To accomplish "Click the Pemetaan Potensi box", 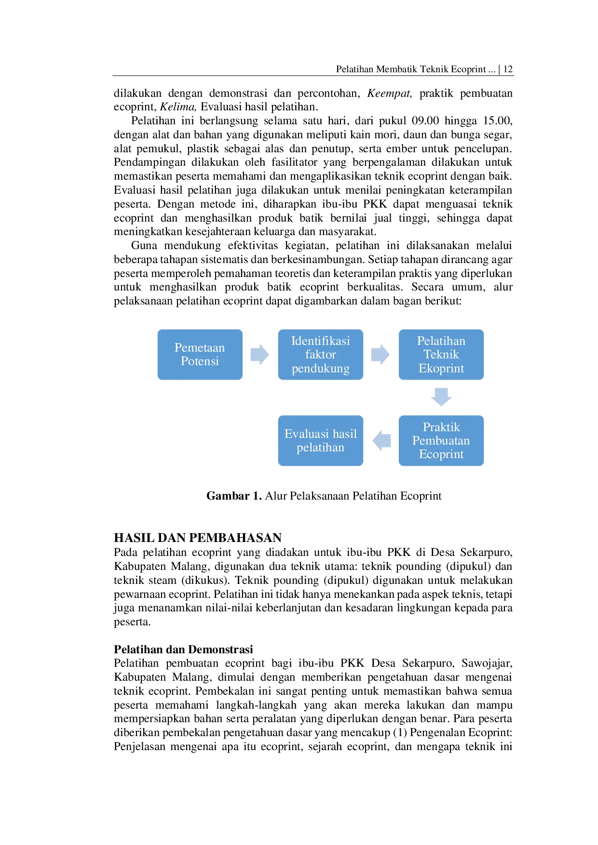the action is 200,355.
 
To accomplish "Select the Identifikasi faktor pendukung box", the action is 320,355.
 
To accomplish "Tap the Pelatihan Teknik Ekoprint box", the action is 441,355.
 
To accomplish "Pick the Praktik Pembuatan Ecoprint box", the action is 441,440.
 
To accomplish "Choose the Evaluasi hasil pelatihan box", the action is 320,440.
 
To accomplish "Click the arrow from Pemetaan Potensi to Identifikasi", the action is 260,355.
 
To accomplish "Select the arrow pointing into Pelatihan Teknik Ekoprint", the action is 381,355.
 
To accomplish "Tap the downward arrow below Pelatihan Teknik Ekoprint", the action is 441,397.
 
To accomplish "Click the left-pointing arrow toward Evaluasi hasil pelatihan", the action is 381,440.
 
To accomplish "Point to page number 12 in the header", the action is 508,69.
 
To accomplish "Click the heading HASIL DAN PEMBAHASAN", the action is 198,538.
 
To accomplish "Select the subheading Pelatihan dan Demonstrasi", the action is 183,649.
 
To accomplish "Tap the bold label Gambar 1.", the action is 234,496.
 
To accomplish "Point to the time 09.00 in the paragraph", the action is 425,120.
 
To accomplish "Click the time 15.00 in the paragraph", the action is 498,120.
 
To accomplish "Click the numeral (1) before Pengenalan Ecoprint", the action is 400,733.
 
